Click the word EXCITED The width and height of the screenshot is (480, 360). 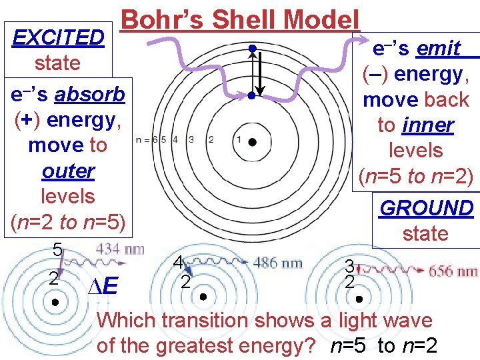point(59,37)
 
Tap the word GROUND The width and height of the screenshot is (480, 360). point(426,208)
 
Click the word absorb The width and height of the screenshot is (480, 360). point(90,95)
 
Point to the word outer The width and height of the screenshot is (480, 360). point(67,171)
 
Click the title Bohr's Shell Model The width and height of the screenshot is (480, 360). point(241,18)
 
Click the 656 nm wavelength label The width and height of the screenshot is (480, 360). point(453,271)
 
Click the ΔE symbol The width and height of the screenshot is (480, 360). point(103,287)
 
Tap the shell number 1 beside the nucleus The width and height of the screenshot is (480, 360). point(238,139)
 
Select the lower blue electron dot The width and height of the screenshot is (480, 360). point(251,96)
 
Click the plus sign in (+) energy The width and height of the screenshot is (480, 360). point(24,120)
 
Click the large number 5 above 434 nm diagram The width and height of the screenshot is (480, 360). point(57,251)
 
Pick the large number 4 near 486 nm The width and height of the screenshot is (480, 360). point(178,262)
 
